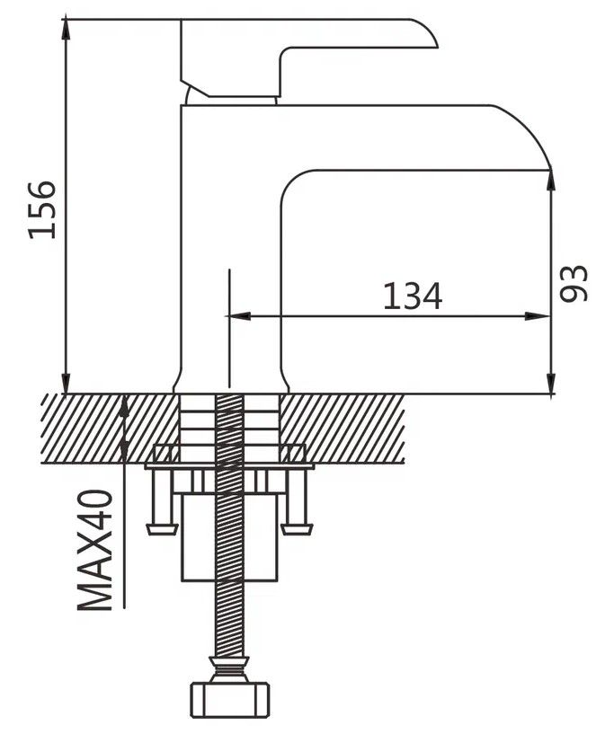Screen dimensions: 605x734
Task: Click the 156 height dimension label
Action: (42, 209)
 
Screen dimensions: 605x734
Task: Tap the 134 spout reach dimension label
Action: (413, 296)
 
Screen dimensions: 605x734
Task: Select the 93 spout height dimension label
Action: (574, 284)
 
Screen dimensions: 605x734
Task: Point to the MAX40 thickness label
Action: (95, 550)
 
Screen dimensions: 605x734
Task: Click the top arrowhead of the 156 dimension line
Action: (66, 29)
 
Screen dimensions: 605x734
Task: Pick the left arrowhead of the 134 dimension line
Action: (238, 316)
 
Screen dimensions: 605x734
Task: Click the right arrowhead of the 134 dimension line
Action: (538, 316)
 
